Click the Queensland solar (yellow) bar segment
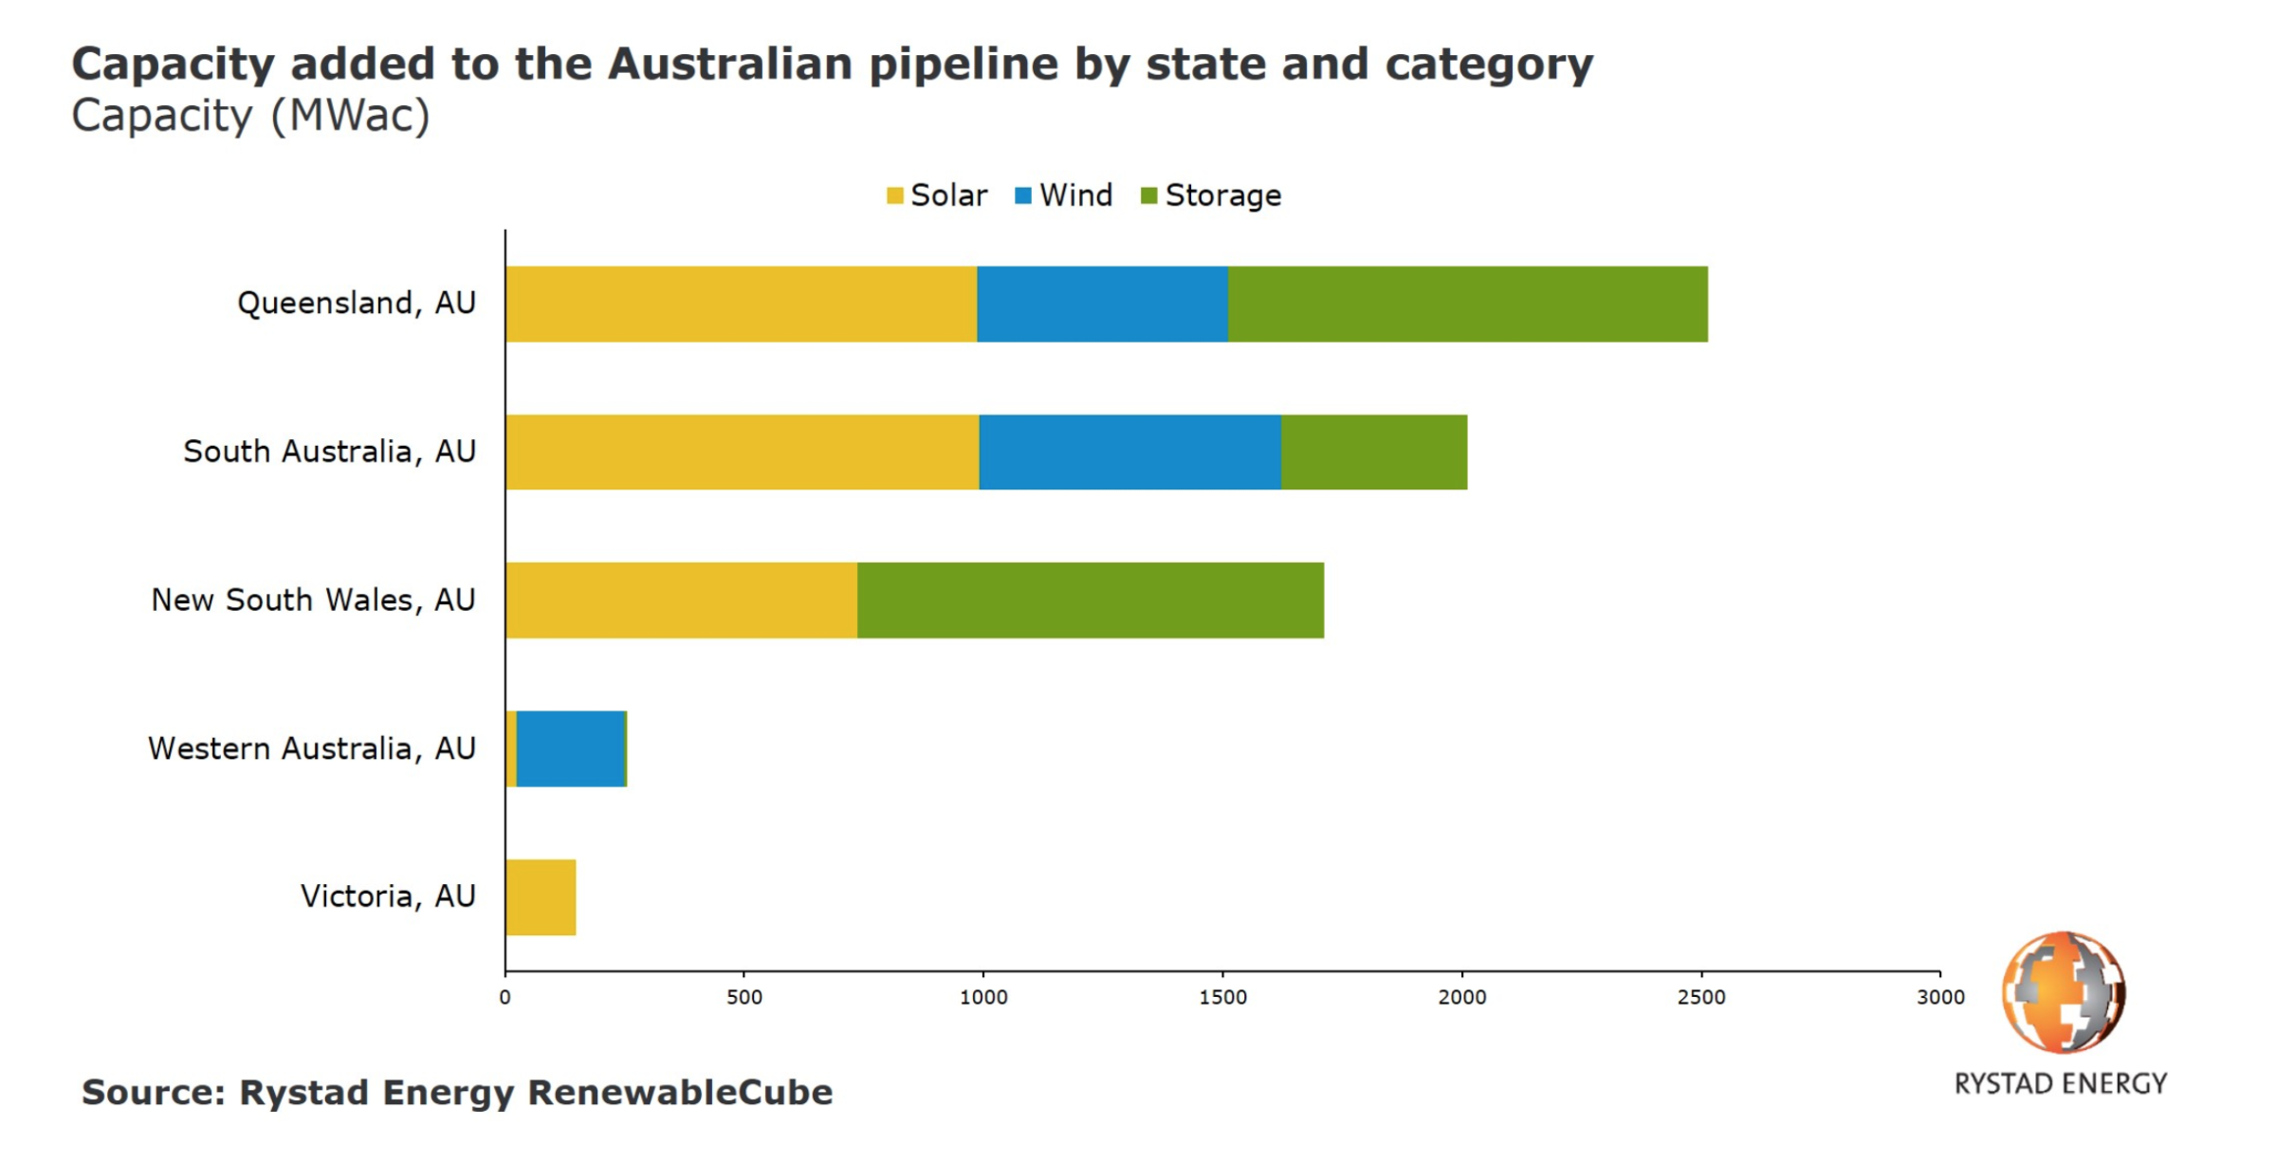741,304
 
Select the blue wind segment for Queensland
1102,304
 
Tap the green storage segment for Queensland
1467,304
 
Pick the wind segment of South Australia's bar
1129,452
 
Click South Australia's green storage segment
1373,452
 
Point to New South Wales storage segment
1090,600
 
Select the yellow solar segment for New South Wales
681,600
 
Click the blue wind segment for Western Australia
570,748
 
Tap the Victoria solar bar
541,897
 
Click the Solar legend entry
937,195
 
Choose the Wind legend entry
1064,195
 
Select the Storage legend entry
1211,195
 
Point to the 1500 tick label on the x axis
1222,998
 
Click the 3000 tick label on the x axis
1940,998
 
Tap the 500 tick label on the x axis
744,998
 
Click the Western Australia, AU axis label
312,748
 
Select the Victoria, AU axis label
388,896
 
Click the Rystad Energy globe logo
2063,992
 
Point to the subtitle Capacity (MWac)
251,116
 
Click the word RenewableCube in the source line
679,1093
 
